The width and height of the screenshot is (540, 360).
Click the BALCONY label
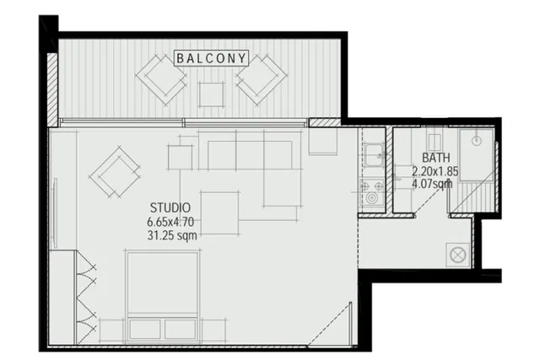tap(212, 58)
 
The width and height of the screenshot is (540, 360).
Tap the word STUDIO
tap(170, 208)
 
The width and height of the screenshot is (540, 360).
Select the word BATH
tap(436, 158)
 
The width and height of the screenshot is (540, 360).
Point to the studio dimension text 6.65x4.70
tap(170, 222)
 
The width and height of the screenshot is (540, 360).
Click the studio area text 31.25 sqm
tap(172, 235)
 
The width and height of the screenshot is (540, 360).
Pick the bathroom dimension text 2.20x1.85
tap(435, 171)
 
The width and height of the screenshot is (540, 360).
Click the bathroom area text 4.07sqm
tap(432, 184)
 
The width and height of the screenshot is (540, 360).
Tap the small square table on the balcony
tap(212, 94)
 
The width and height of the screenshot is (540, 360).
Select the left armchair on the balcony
tap(161, 79)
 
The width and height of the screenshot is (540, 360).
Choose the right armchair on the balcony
tap(262, 79)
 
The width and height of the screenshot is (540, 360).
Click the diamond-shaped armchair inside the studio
tap(115, 171)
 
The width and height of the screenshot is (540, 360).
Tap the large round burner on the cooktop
tap(371, 198)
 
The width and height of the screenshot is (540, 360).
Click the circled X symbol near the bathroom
tap(458, 255)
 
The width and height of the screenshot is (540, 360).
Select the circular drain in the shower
tap(476, 141)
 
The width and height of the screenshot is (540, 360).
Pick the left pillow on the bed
tap(145, 329)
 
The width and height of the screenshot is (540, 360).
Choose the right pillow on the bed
tap(180, 329)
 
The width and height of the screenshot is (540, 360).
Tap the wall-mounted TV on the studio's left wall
tap(55, 212)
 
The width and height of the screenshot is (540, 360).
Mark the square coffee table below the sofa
tap(219, 213)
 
